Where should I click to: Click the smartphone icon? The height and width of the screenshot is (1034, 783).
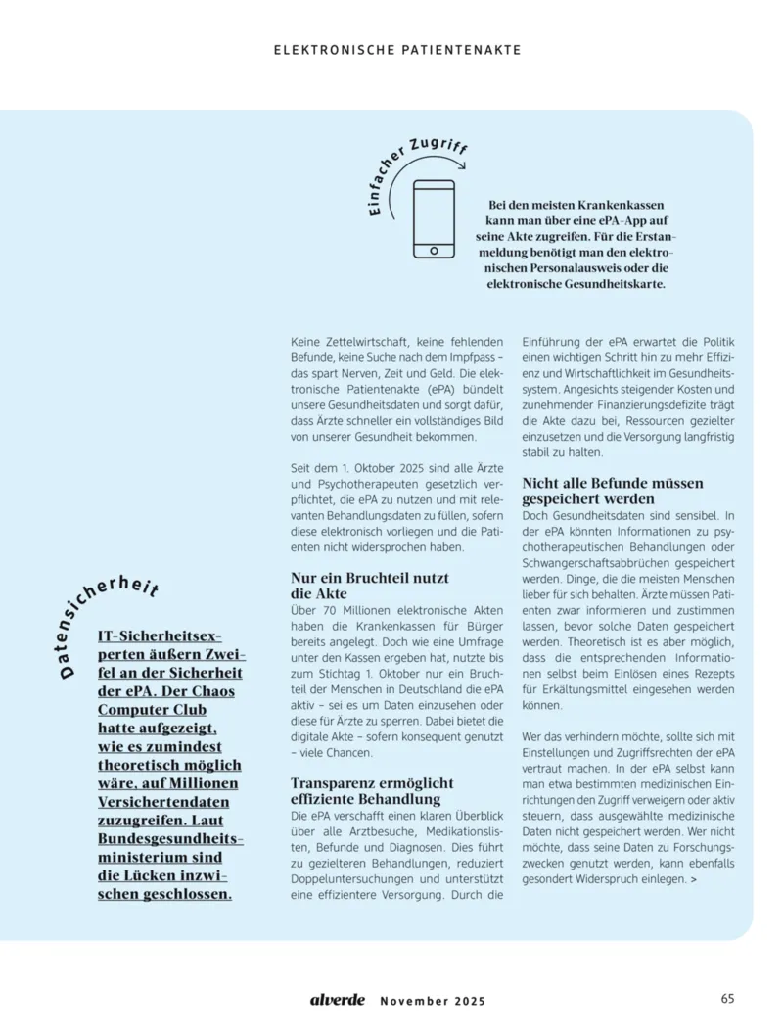pyautogui.click(x=434, y=218)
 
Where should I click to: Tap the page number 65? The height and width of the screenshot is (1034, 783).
pyautogui.click(x=727, y=999)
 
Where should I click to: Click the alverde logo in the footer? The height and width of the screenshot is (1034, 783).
pyautogui.click(x=338, y=999)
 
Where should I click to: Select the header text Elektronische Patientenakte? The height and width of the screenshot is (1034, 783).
pyautogui.click(x=397, y=49)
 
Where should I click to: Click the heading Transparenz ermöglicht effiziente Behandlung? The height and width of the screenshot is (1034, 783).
pyautogui.click(x=372, y=791)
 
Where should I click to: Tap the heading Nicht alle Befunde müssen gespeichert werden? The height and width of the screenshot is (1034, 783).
pyautogui.click(x=613, y=491)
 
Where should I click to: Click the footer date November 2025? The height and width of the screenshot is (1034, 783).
pyautogui.click(x=432, y=1001)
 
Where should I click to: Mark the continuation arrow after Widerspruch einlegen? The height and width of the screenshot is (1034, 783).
pyautogui.click(x=694, y=880)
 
